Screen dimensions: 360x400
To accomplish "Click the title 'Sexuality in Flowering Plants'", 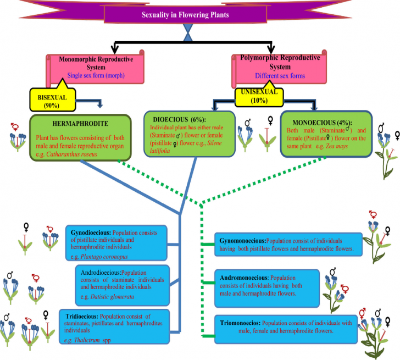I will tap(200, 15).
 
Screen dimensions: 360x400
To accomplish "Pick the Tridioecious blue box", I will tap(118, 324).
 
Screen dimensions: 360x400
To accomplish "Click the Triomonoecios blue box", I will tap(284, 327).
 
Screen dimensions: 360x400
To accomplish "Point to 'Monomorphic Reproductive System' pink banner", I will tap(93, 67).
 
